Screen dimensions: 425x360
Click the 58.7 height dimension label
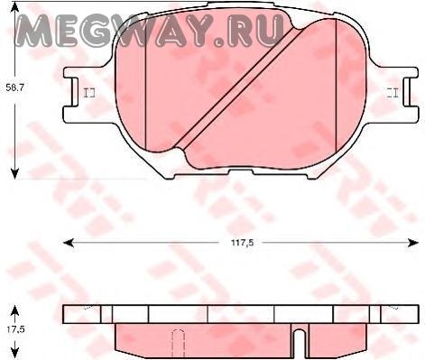click(15, 88)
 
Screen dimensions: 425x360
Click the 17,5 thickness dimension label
click(15, 329)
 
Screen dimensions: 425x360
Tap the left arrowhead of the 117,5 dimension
click(68, 243)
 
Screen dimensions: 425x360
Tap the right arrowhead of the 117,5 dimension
click(413, 243)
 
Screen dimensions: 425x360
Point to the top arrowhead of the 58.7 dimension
click(14, 6)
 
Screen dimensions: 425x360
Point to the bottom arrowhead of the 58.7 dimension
click(14, 174)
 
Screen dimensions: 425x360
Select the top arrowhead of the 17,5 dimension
click(14, 311)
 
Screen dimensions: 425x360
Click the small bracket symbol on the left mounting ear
click(89, 93)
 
